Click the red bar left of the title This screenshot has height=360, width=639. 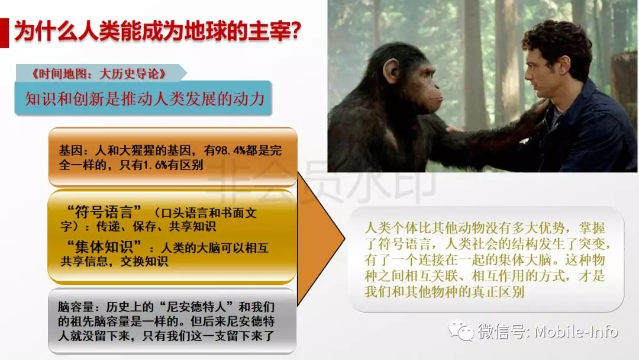point(4,33)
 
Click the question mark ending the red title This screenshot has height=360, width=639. point(295,31)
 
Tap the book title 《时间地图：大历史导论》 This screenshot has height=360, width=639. point(99,73)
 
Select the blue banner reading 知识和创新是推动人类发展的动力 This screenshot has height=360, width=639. point(143,98)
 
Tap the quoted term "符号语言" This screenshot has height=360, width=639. point(104,212)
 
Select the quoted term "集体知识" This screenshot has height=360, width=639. point(104,247)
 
